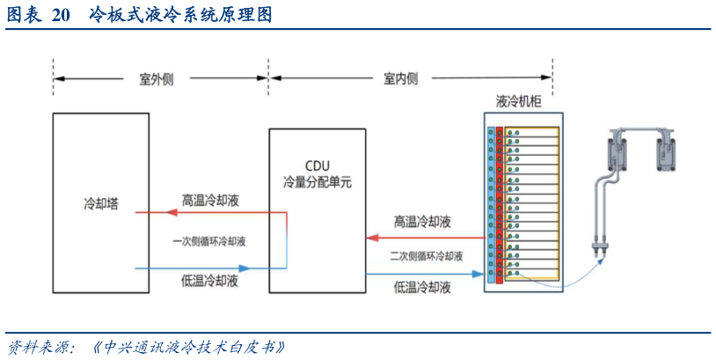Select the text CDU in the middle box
pos(316,166)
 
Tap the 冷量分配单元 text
pos(316,182)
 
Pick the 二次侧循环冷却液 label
pos(426,256)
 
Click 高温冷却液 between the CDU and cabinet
pos(422,221)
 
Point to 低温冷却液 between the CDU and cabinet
pos(422,286)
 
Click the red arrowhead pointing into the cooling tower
pos(140,212)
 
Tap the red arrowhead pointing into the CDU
pos(371,237)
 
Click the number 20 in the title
pos(60,15)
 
